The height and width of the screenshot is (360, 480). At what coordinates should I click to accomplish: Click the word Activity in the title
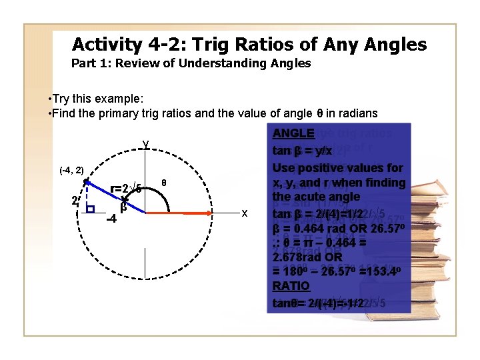106,45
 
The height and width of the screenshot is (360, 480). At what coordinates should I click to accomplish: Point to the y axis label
145,143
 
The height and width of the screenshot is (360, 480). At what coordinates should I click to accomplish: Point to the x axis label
245,213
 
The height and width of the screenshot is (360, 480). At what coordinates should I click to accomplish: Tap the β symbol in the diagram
123,206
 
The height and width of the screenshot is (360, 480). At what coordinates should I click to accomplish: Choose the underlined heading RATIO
291,287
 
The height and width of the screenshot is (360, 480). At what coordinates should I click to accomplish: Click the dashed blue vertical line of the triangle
85,196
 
